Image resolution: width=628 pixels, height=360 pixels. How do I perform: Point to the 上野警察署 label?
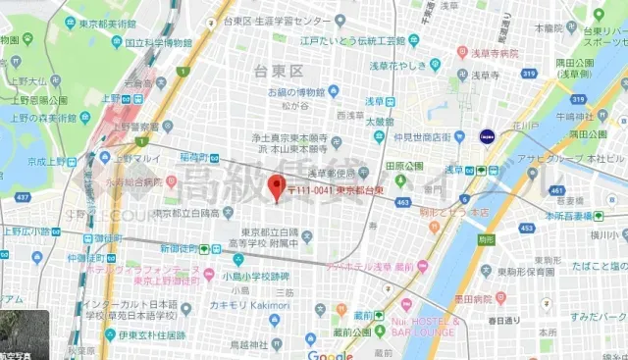(x=135, y=127)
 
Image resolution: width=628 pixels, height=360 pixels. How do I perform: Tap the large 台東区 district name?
(x=276, y=71)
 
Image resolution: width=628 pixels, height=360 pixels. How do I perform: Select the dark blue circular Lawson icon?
(x=486, y=136)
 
